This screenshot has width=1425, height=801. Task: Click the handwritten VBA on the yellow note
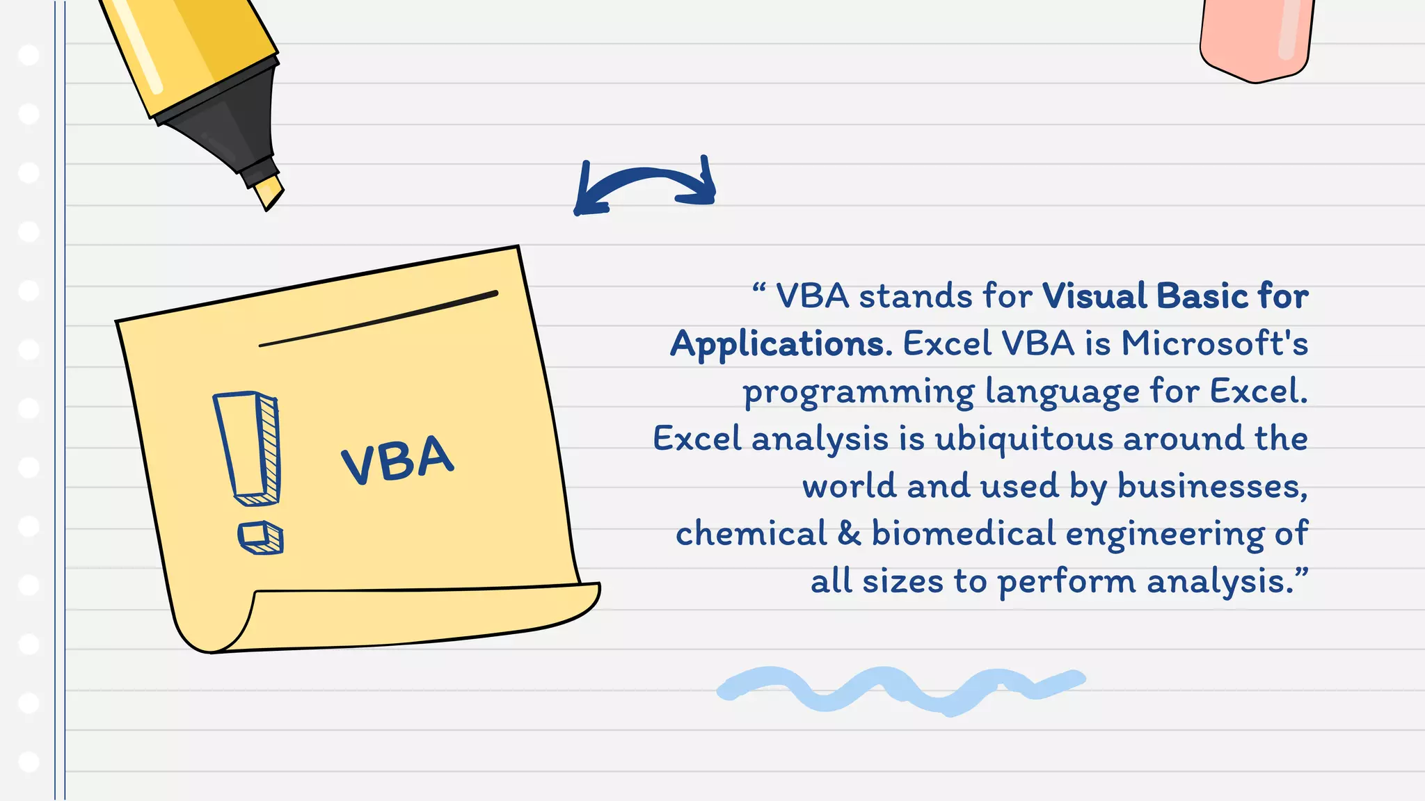[x=397, y=460]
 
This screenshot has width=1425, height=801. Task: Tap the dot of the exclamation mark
[x=260, y=537]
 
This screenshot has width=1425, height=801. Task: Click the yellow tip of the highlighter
[x=269, y=192]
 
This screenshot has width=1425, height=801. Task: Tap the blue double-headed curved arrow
[x=645, y=182]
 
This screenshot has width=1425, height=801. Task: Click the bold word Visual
[x=1094, y=296]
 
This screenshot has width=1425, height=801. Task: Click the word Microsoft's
[x=1214, y=343]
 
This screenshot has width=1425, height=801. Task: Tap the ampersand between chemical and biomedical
[x=849, y=534]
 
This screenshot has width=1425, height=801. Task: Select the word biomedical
[x=964, y=534]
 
